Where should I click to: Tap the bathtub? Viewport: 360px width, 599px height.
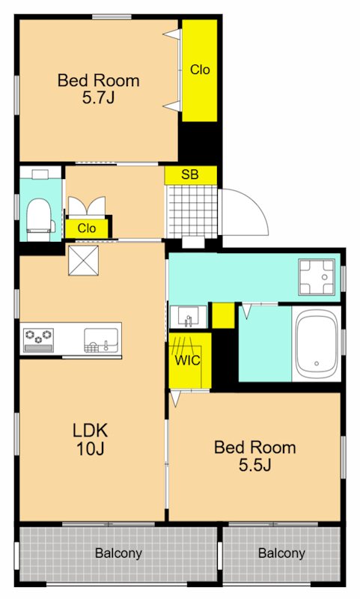click(317, 343)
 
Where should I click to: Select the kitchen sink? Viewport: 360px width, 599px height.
click(101, 341)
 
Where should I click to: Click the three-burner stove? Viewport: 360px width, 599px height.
click(38, 340)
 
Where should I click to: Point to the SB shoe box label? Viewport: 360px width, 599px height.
click(190, 174)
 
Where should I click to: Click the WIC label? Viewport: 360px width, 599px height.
click(187, 360)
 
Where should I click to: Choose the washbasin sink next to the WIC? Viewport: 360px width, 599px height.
click(188, 317)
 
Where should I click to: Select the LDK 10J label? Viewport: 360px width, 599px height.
click(90, 440)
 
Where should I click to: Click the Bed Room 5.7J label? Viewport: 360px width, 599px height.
click(98, 89)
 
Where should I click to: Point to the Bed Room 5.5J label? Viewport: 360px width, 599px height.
click(255, 456)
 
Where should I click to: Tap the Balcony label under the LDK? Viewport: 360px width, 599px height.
click(118, 553)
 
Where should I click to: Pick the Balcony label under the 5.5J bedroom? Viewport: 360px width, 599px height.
click(281, 553)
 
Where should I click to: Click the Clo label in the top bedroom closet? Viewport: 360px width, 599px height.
click(200, 70)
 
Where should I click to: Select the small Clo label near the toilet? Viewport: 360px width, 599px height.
click(87, 228)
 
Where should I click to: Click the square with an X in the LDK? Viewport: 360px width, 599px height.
click(83, 260)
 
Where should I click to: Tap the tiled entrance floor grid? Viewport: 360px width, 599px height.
click(193, 210)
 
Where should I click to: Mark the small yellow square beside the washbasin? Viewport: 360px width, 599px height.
click(223, 315)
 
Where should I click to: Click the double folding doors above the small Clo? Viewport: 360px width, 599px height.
click(87, 207)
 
